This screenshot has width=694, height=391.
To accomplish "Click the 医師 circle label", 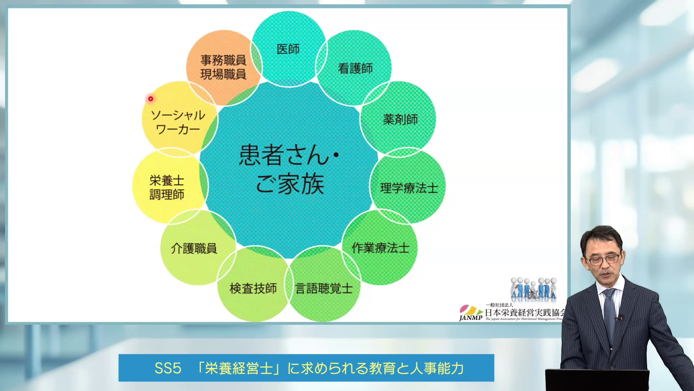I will click(288, 49).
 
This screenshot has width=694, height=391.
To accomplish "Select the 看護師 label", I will click(355, 68).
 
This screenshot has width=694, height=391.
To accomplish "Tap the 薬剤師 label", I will click(400, 119).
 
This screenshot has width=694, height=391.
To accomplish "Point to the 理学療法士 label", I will click(409, 188).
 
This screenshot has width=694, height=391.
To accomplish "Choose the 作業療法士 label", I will click(380, 248).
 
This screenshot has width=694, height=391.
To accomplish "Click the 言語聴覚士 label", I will click(324, 289).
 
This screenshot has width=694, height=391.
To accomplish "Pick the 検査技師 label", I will click(253, 289).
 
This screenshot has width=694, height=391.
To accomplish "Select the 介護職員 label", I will click(194, 249).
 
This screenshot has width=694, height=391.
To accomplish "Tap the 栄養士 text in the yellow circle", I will click(167, 180).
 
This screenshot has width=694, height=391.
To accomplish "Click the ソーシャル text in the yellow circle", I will click(178, 115).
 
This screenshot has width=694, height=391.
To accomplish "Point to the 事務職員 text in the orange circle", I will click(223, 60).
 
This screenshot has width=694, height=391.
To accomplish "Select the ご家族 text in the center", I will click(290, 184).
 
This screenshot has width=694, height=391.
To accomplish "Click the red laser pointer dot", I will click(151, 98).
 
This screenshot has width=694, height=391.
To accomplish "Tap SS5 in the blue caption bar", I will click(168, 368).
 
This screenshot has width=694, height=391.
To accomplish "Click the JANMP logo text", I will click(471, 318).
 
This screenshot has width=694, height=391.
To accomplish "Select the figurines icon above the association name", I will click(534, 289).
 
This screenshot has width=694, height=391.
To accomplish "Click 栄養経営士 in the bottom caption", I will click(239, 368).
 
